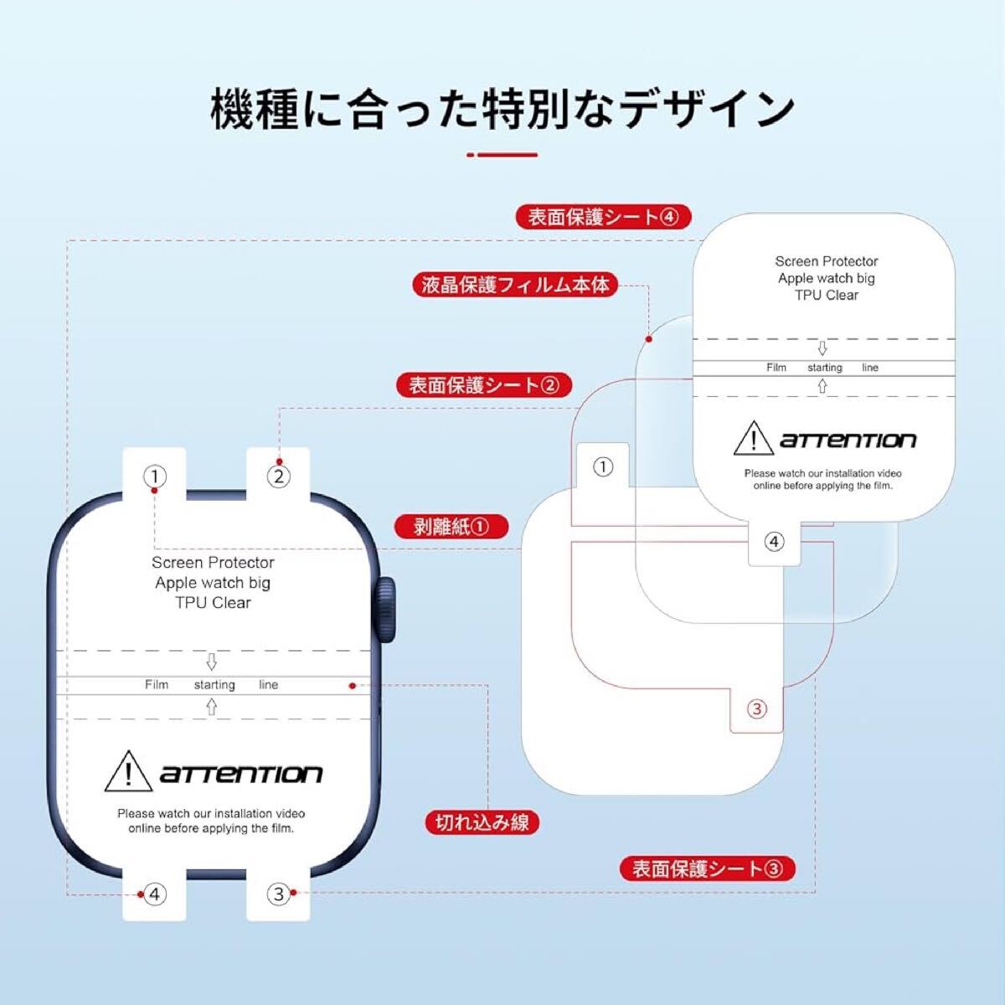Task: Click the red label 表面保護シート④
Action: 602,217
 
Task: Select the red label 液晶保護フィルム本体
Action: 515,285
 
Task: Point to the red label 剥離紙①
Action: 451,526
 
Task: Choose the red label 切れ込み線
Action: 482,822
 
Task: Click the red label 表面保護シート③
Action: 707,868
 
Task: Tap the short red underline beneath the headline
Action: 502,155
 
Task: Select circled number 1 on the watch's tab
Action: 155,477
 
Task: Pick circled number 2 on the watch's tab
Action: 278,477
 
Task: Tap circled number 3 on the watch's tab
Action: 280,894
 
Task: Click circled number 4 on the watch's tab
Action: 154,894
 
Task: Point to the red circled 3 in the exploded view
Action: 756,709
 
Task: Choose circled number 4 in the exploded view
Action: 774,542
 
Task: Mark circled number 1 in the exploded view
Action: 603,466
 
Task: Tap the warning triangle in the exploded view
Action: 752,439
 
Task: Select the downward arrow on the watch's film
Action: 211,662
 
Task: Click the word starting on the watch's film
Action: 214,685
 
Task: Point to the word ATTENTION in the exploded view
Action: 848,441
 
